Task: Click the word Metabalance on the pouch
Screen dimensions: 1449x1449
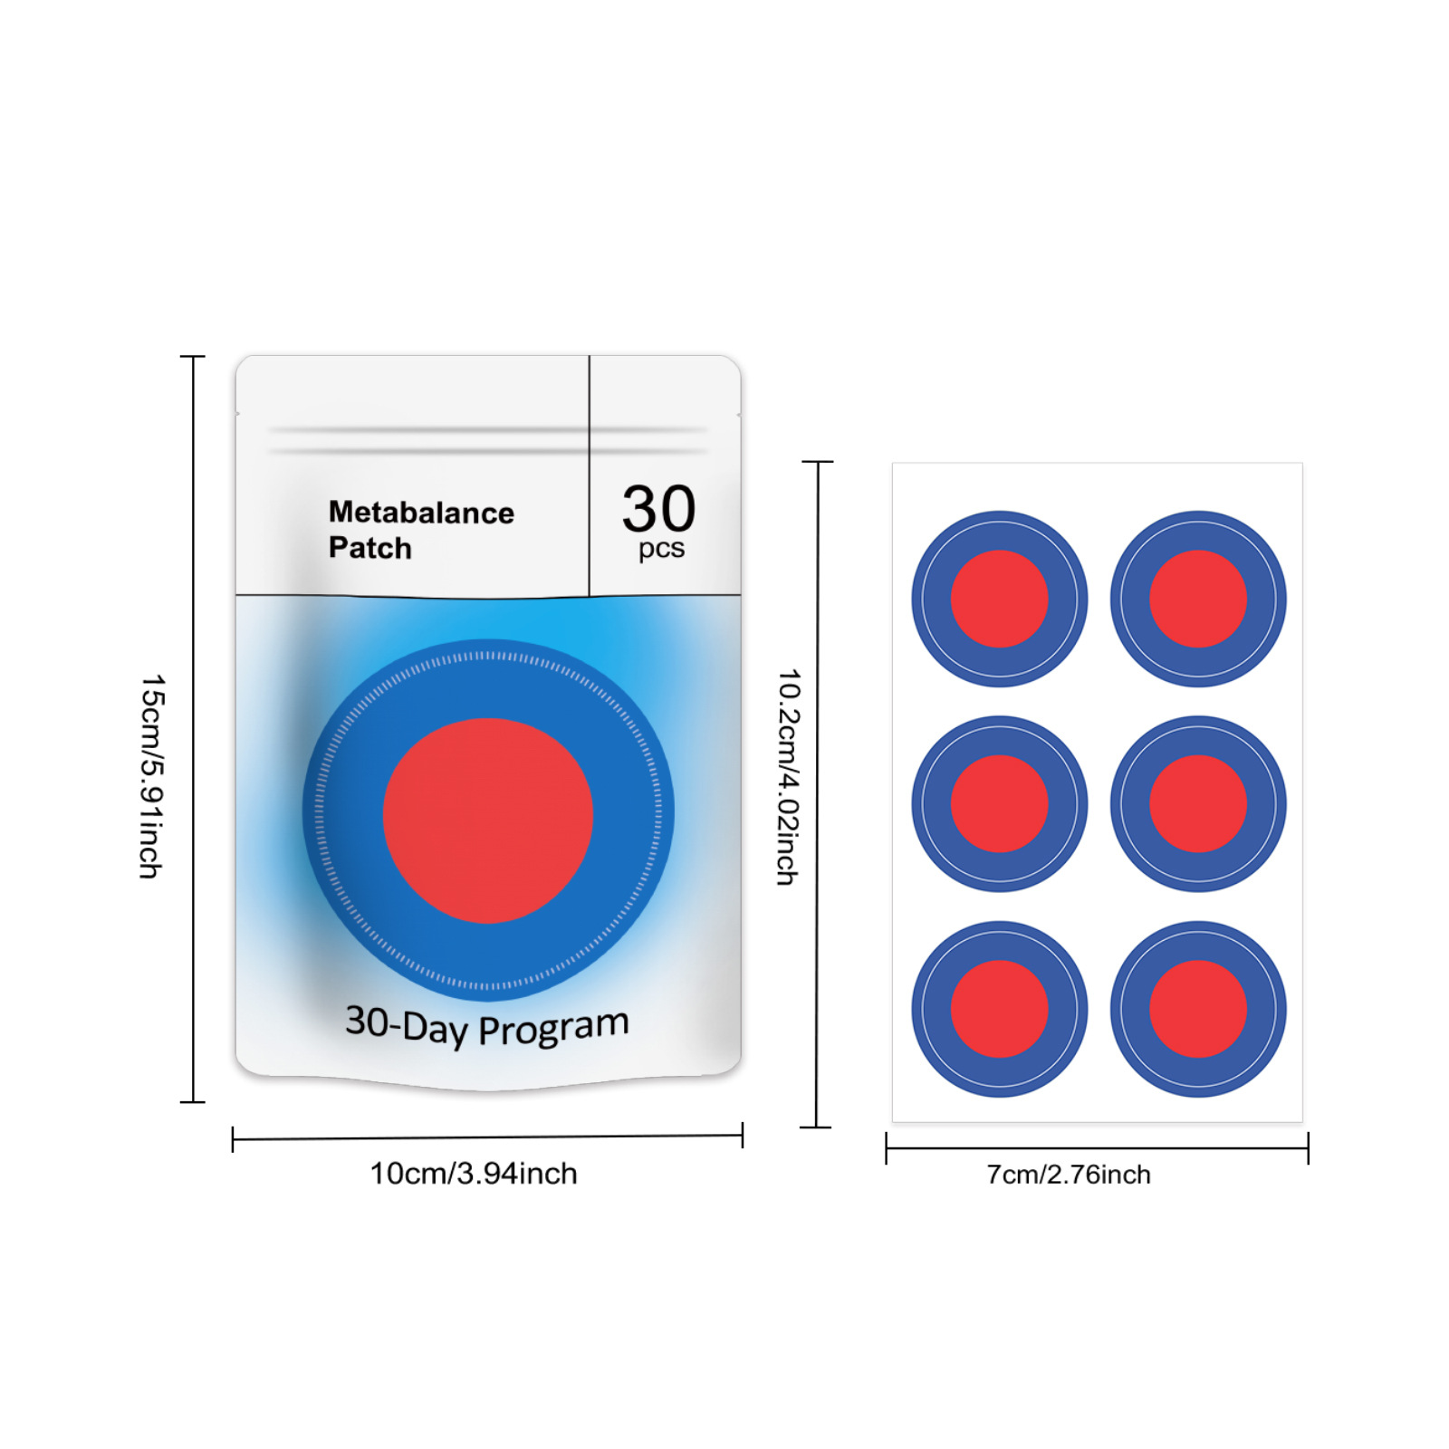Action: tap(421, 513)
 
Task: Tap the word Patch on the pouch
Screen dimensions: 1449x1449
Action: tap(369, 548)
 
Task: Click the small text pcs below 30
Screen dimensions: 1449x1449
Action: tap(661, 549)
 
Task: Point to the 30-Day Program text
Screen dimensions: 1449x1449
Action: tap(487, 1026)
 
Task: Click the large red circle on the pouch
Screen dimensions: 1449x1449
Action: tap(487, 820)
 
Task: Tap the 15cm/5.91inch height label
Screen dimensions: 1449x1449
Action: tap(151, 776)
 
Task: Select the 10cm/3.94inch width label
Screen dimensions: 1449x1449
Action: tap(473, 1174)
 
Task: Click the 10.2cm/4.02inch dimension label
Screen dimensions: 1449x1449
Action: tap(789, 777)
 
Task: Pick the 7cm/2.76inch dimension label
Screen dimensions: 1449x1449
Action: tap(1068, 1175)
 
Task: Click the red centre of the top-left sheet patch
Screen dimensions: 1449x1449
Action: tap(999, 599)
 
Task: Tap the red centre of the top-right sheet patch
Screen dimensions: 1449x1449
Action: tap(1197, 599)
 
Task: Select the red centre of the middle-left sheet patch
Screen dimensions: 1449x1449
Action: tap(999, 804)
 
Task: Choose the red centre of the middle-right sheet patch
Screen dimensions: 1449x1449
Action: tap(1197, 804)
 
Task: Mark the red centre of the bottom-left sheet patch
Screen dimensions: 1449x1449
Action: tap(999, 1009)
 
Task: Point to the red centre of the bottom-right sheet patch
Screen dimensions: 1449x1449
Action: tap(1197, 1009)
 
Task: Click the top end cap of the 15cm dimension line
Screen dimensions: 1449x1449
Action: tap(193, 357)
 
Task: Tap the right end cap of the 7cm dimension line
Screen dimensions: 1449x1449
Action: tap(1308, 1148)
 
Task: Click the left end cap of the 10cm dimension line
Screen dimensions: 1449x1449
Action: tap(233, 1139)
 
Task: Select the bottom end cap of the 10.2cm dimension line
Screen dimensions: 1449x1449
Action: tap(816, 1128)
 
